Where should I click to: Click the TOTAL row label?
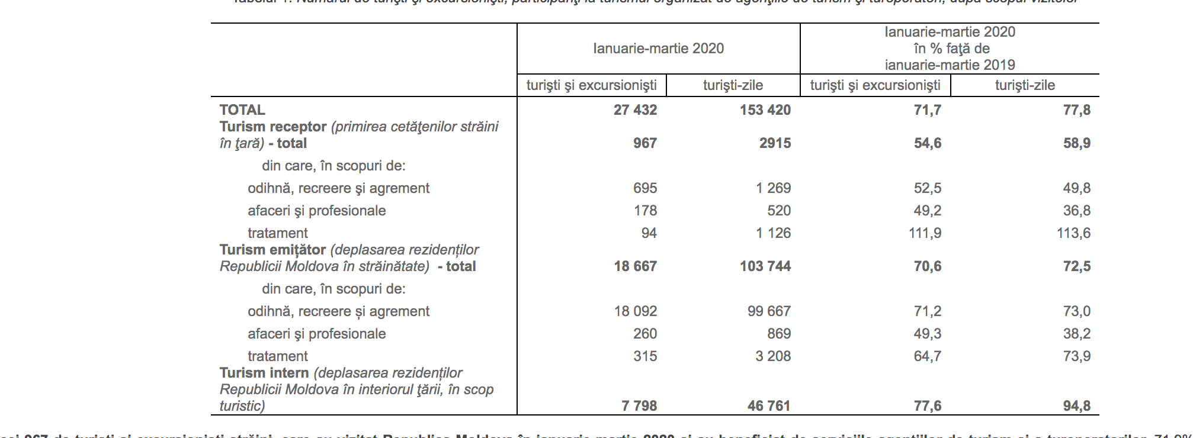point(242,110)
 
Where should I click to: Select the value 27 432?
point(635,110)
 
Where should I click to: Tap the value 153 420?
point(765,110)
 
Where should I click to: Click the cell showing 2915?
point(775,143)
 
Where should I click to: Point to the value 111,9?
point(925,233)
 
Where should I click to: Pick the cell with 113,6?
point(1073,233)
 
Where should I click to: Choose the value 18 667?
point(635,266)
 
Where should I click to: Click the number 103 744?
point(765,266)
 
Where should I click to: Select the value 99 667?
point(769,311)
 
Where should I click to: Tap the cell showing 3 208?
point(773,356)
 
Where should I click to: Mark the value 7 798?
point(639,406)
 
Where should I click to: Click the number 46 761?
point(769,406)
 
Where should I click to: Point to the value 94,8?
point(1076,406)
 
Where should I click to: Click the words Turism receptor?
point(273,127)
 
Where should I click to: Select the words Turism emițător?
point(272,250)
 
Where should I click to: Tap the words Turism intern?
point(264,373)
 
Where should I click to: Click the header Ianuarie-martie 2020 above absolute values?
point(658,49)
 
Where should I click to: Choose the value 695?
point(644,188)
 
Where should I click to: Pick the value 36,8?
point(1076,211)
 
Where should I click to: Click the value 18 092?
point(635,311)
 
